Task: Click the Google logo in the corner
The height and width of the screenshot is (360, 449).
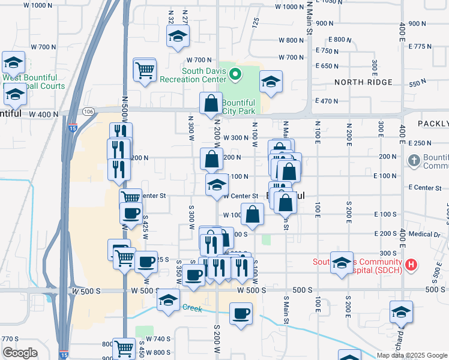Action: [x=20, y=353]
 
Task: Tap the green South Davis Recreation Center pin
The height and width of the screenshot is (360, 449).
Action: [x=236, y=75]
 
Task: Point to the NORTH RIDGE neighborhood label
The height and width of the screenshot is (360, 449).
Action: [x=363, y=82]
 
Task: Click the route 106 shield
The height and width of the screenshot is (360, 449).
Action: [x=88, y=112]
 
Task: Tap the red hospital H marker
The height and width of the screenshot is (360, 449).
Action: [x=411, y=264]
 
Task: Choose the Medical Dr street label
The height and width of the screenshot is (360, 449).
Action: [x=425, y=233]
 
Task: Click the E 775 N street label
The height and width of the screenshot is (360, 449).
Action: [x=420, y=46]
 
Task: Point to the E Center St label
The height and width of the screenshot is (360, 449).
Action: [x=424, y=188]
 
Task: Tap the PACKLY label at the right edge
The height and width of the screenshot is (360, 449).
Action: [x=433, y=124]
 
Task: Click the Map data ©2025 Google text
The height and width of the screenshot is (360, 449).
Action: [x=412, y=355]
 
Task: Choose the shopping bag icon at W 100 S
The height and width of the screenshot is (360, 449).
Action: [x=253, y=214]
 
